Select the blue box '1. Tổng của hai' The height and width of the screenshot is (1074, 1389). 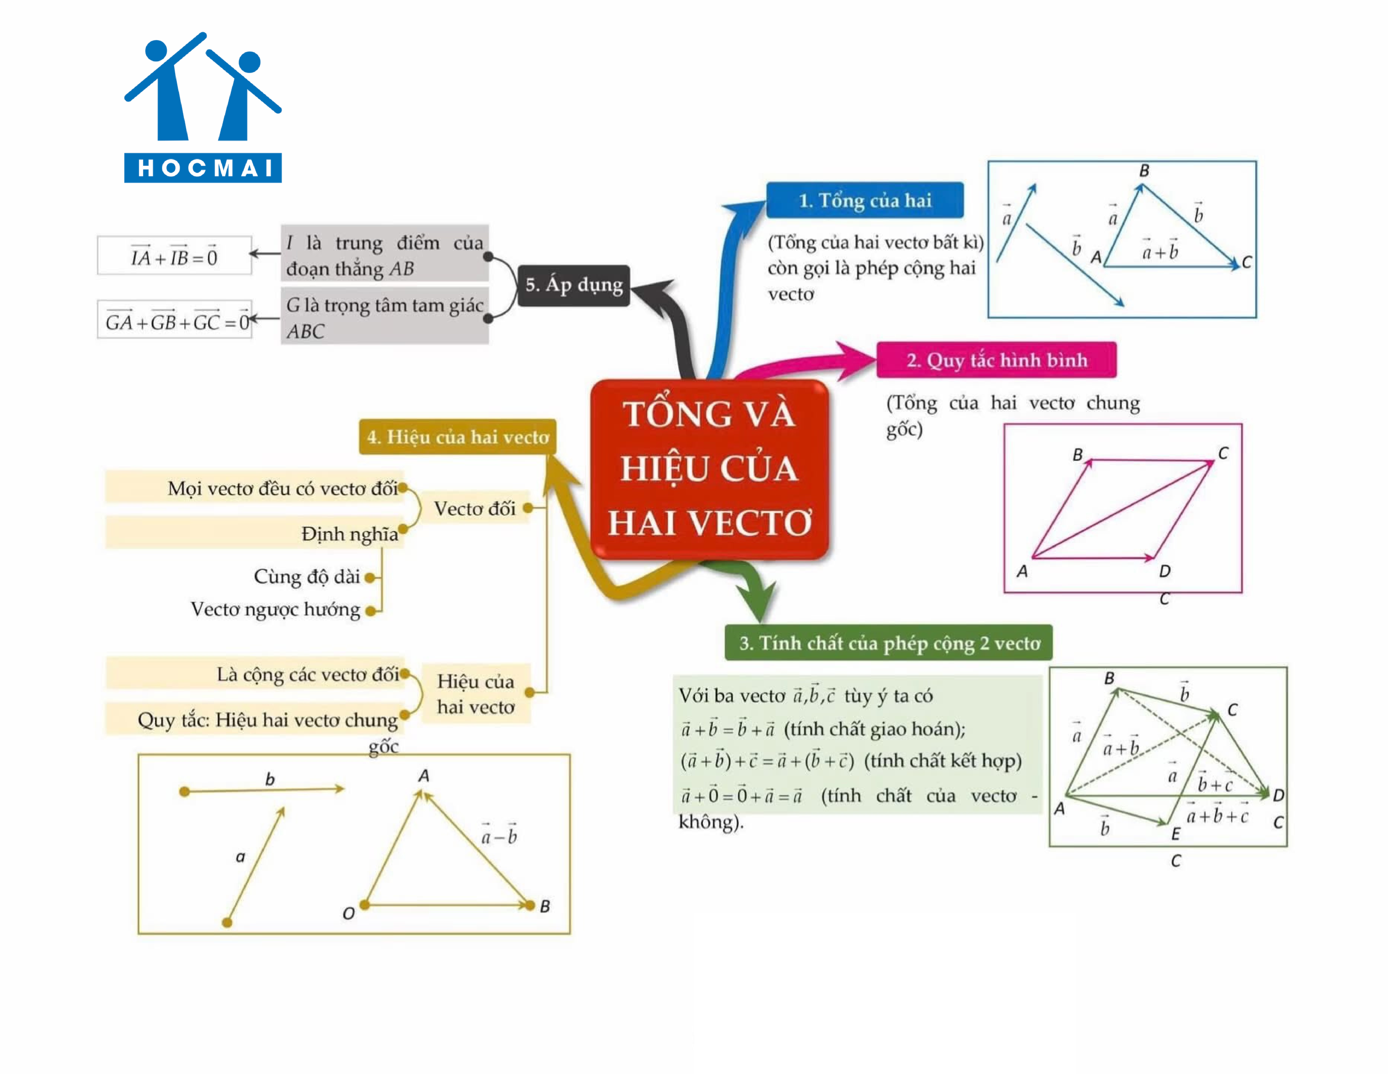coord(864,200)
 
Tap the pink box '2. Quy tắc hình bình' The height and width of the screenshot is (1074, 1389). coord(996,360)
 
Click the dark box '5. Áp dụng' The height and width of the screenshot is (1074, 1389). coord(574,285)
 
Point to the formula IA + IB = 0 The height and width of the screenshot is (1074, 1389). coord(174,256)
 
